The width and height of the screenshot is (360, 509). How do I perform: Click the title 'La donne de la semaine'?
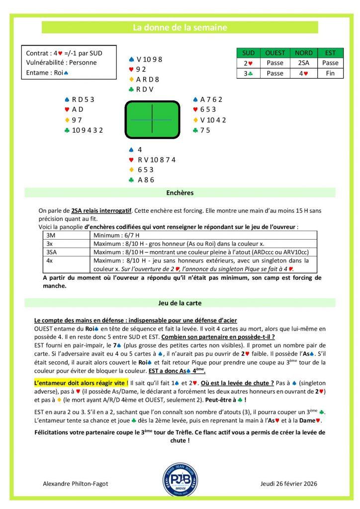[180, 27]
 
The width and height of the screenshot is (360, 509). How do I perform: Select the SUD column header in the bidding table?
[248, 53]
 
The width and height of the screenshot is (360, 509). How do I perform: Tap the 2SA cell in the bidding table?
[304, 63]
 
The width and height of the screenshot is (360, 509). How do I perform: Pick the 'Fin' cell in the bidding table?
[330, 73]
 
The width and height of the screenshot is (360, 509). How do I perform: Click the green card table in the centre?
[152, 120]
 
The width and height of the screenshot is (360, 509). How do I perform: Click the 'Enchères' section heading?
[180, 192]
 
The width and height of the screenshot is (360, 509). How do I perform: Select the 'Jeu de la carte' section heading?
[180, 303]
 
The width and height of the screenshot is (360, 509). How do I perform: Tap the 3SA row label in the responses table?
[52, 252]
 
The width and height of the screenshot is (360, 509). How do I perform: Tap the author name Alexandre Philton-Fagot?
[76, 483]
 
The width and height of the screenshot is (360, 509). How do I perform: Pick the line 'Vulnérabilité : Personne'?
[61, 63]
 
